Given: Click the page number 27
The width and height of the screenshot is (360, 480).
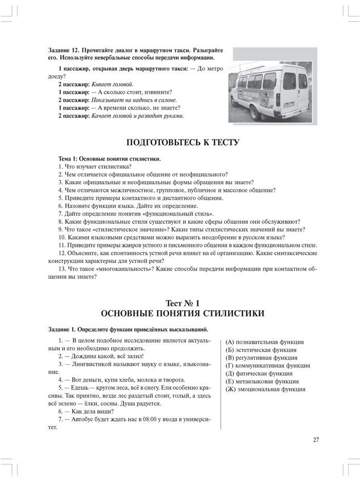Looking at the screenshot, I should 316,439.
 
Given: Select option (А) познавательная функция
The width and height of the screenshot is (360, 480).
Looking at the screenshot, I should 264,342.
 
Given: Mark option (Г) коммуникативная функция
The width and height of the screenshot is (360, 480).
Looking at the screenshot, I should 267,366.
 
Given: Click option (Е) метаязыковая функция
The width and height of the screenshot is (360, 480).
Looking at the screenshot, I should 262,382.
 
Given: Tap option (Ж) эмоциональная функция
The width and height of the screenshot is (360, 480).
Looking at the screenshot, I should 264,389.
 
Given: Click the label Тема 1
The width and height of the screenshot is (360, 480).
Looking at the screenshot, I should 70,159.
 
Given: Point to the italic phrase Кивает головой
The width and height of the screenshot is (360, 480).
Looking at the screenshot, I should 113,84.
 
